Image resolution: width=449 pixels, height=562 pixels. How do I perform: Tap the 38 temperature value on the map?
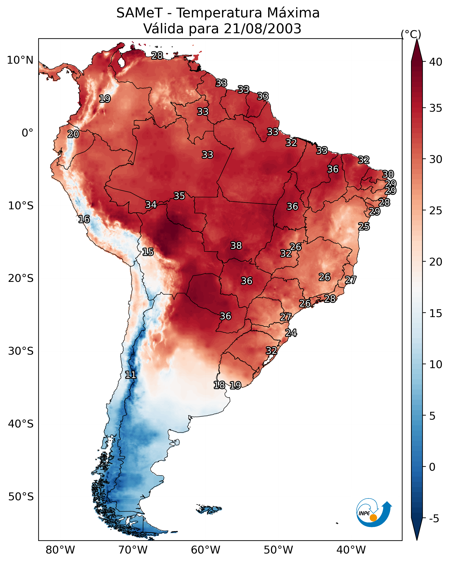tap(236, 246)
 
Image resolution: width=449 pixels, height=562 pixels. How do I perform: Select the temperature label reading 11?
tap(131, 375)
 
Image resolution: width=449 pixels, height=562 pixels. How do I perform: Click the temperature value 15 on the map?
tap(148, 252)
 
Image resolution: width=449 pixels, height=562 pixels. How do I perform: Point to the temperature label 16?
tap(84, 219)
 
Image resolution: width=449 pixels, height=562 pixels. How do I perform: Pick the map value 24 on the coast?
tap(291, 333)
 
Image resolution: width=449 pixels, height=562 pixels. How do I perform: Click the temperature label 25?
tap(364, 226)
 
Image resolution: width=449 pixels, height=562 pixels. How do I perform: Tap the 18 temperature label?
tap(219, 385)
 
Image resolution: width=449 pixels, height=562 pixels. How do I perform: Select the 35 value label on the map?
tap(179, 196)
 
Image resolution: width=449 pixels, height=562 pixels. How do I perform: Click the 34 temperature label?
tap(151, 205)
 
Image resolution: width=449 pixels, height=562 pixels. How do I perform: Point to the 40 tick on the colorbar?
tap(436, 62)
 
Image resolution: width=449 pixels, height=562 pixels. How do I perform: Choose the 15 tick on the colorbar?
tap(436, 313)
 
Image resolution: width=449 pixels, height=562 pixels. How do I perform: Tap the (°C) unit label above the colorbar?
tap(411, 34)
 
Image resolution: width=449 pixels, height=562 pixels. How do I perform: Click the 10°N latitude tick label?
tap(20, 60)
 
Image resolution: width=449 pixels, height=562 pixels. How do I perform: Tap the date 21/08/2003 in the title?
tap(262, 28)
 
